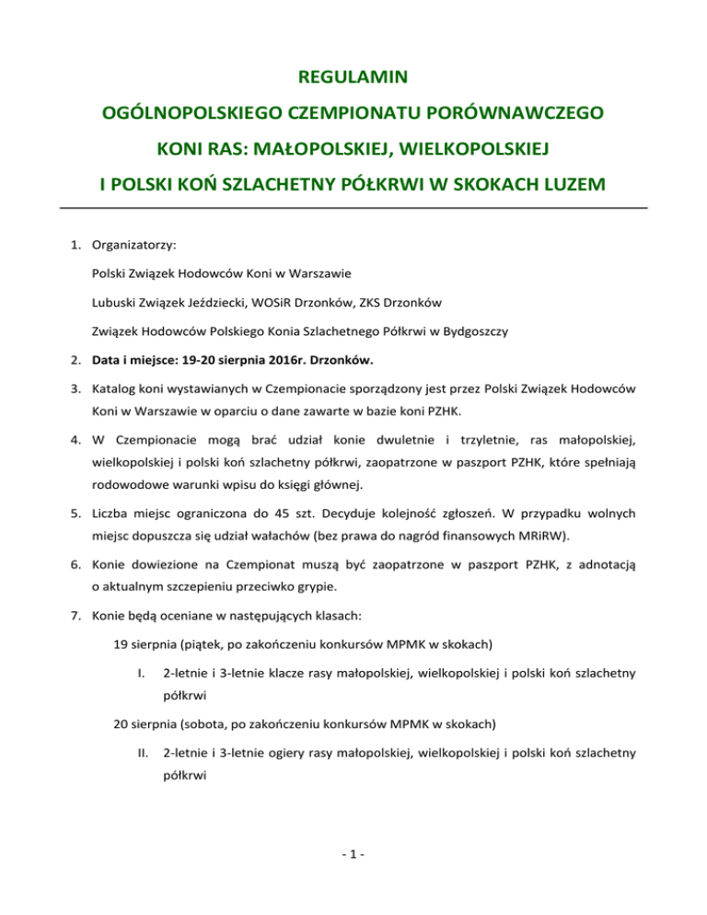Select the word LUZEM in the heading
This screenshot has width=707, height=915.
(563, 186)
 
